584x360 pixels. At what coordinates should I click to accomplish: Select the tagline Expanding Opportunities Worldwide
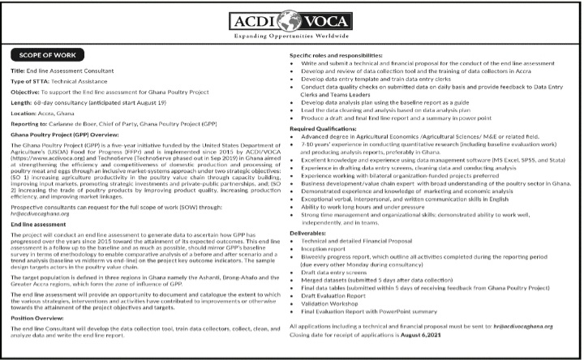(291, 36)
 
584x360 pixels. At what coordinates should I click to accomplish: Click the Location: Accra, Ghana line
(44, 115)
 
